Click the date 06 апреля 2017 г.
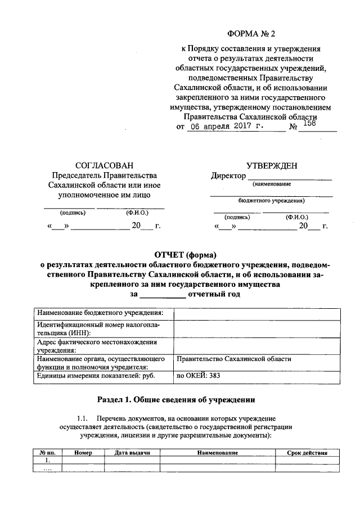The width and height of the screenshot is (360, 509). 224,127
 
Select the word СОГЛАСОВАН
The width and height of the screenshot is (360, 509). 104,165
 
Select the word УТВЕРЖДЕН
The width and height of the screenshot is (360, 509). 272,165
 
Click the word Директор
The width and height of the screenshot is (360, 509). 228,175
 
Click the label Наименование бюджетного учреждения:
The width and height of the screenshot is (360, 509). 100,313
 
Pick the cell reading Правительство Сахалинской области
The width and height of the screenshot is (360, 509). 234,358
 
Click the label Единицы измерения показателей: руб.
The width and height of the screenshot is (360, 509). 96,375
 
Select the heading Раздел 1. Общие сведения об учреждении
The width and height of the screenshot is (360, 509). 177,400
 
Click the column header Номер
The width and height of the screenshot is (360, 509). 82,453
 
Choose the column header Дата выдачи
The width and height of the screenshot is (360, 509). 132,453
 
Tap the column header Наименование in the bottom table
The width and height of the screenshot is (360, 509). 218,453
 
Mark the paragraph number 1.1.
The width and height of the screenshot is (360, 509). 83,419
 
